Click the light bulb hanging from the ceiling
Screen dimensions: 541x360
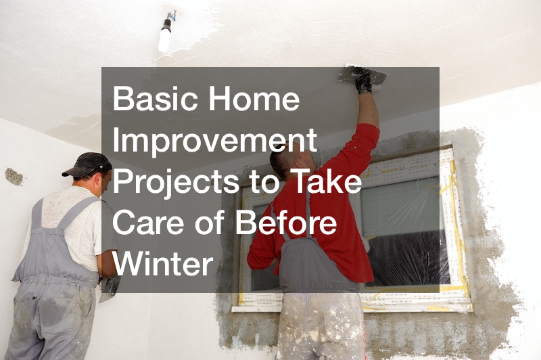[x=165, y=37]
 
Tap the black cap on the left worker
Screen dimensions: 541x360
[x=87, y=164]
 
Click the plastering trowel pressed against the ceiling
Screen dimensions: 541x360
[x=361, y=75]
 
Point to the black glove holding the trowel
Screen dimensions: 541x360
[x=363, y=81]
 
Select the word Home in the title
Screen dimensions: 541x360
[x=254, y=98]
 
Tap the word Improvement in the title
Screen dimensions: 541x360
[x=214, y=141]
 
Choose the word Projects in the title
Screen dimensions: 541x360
[x=176, y=183]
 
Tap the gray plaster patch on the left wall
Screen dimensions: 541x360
[x=14, y=177]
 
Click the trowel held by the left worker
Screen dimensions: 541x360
[x=109, y=287]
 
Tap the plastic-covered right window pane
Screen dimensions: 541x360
[x=404, y=231]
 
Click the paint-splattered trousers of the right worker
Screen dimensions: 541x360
[x=321, y=326]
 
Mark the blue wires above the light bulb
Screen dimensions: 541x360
[x=172, y=16]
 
